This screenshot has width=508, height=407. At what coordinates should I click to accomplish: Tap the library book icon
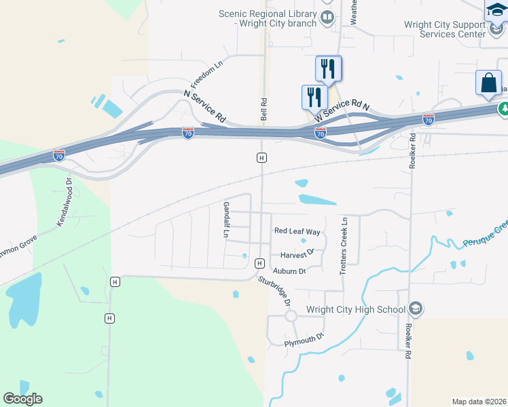pyautogui.click(x=327, y=17)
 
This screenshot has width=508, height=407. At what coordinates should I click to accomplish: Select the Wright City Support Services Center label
pyautogui.click(x=445, y=29)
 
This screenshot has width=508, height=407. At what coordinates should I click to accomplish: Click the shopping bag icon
pyautogui.click(x=488, y=83)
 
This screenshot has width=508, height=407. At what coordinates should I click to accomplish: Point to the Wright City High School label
pyautogui.click(x=356, y=310)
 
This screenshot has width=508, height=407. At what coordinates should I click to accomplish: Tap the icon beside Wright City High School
pyautogui.click(x=416, y=309)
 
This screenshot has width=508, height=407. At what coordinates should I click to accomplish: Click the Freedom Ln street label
pyautogui.click(x=207, y=75)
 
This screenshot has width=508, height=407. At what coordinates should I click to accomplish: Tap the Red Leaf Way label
pyautogui.click(x=297, y=231)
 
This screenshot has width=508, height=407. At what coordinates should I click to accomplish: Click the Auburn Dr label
pyautogui.click(x=290, y=271)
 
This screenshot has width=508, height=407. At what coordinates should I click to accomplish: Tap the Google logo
pyautogui.click(x=23, y=399)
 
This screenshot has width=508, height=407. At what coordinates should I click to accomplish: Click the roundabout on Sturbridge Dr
pyautogui.click(x=291, y=316)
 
